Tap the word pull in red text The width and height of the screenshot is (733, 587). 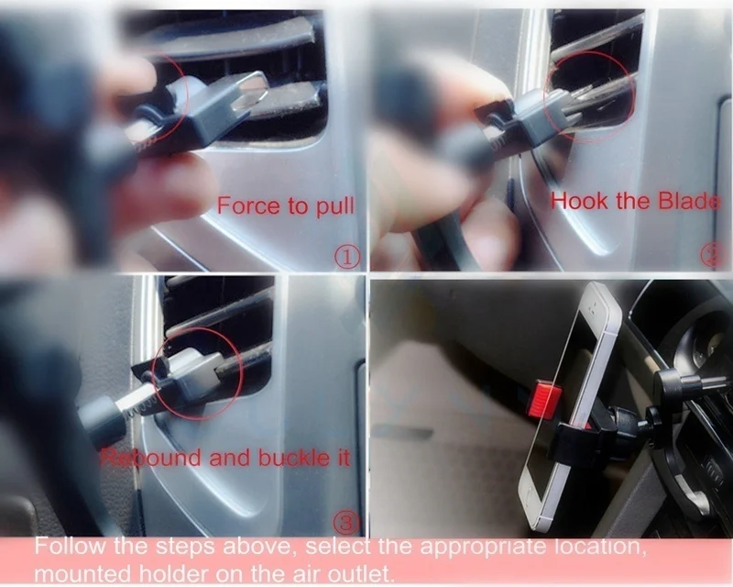click(x=335, y=207)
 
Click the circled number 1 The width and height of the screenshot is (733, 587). click(x=347, y=257)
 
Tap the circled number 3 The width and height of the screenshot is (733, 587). click(x=345, y=523)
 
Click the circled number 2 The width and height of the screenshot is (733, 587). click(x=712, y=256)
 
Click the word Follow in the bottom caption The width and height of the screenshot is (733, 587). click(x=71, y=546)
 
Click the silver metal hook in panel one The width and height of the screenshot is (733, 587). click(x=247, y=93)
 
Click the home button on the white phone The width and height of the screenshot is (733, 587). click(x=532, y=496)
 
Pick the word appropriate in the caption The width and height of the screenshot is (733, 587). click(x=484, y=548)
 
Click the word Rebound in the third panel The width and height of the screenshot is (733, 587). click(x=150, y=458)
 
